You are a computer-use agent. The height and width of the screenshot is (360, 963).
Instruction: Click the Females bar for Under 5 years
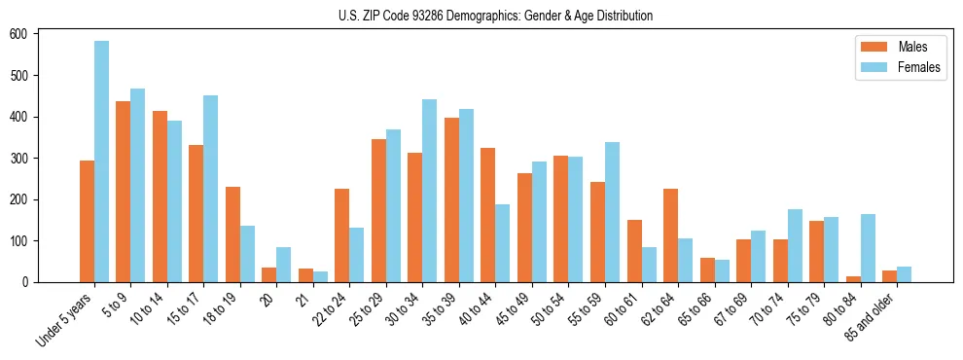[x=102, y=162]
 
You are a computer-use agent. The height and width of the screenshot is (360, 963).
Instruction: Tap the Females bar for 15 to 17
[x=211, y=189]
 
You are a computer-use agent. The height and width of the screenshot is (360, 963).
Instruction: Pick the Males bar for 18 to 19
[x=233, y=234]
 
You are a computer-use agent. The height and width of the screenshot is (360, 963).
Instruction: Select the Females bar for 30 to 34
[x=430, y=191]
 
